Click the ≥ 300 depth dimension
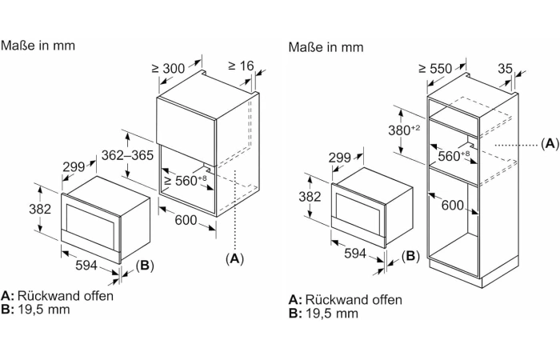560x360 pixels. tap(168, 68)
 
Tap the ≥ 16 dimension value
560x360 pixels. tap(241, 66)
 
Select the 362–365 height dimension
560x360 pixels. tap(127, 155)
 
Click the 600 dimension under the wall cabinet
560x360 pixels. tap(186, 220)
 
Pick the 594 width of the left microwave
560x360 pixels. tap(86, 265)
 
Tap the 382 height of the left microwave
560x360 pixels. tap(40, 209)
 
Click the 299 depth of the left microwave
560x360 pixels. tap(74, 166)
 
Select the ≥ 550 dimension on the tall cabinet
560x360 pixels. tap(435, 68)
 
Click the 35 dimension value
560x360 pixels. tap(505, 68)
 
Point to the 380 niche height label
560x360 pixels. tap(404, 130)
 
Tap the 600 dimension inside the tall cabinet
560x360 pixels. tap(453, 205)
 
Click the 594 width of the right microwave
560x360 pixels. tap(355, 254)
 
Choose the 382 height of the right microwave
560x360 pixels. tap(310, 197)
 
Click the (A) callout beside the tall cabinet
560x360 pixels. tap(550, 143)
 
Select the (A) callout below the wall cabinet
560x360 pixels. tap(234, 258)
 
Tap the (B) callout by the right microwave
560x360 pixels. tap(410, 256)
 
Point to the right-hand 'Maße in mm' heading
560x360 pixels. tap(326, 46)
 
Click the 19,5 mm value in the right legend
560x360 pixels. tap(332, 314)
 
